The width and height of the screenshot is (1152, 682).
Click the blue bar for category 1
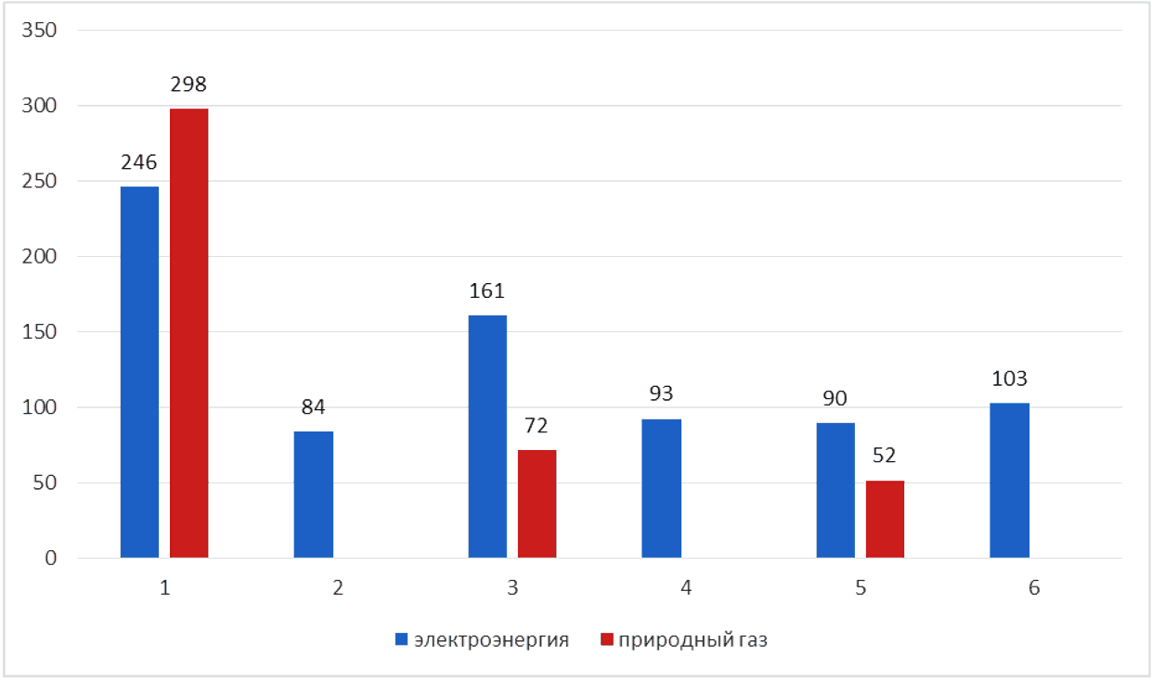pos(139,372)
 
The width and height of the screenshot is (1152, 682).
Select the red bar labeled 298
pos(188,333)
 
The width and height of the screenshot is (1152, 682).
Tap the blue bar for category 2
pos(313,495)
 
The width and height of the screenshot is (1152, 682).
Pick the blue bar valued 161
pos(487,436)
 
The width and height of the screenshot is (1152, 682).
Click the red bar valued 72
pos(537,504)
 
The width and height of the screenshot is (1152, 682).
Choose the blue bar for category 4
pos(661,488)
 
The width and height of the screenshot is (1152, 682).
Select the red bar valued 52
pos(885,519)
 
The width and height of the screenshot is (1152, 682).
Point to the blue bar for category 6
pos(1010,480)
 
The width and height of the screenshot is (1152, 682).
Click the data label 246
pos(139,162)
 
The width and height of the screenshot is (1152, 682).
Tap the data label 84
pos(313,407)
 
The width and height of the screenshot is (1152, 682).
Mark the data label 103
pos(1009,379)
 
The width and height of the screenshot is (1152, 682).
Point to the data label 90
pos(835,398)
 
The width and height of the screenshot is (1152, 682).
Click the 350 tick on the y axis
pos(39,31)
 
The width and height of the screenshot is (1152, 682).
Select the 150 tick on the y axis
pos(39,332)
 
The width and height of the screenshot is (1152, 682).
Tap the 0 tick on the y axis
pos(50,559)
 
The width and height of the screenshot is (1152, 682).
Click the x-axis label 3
pos(512,587)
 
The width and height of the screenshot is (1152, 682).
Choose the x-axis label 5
pos(861,587)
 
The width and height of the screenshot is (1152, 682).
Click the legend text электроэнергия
pos(491,640)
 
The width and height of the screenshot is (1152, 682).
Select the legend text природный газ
pos(692,641)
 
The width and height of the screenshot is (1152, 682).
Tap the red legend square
pos(607,639)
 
